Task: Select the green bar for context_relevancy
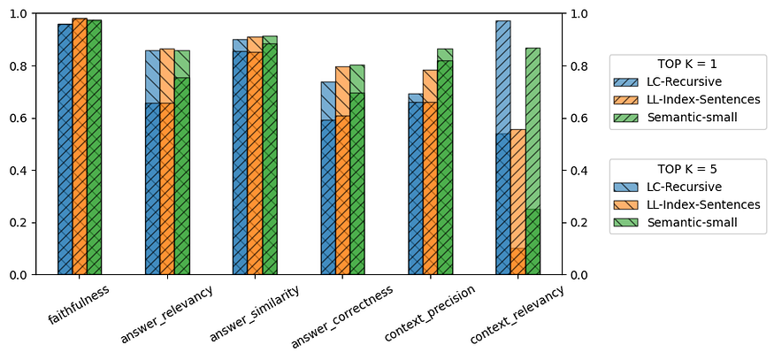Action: click(533, 177)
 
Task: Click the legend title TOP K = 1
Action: click(687, 65)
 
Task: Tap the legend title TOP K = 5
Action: click(687, 169)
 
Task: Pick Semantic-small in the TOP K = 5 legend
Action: click(693, 221)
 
